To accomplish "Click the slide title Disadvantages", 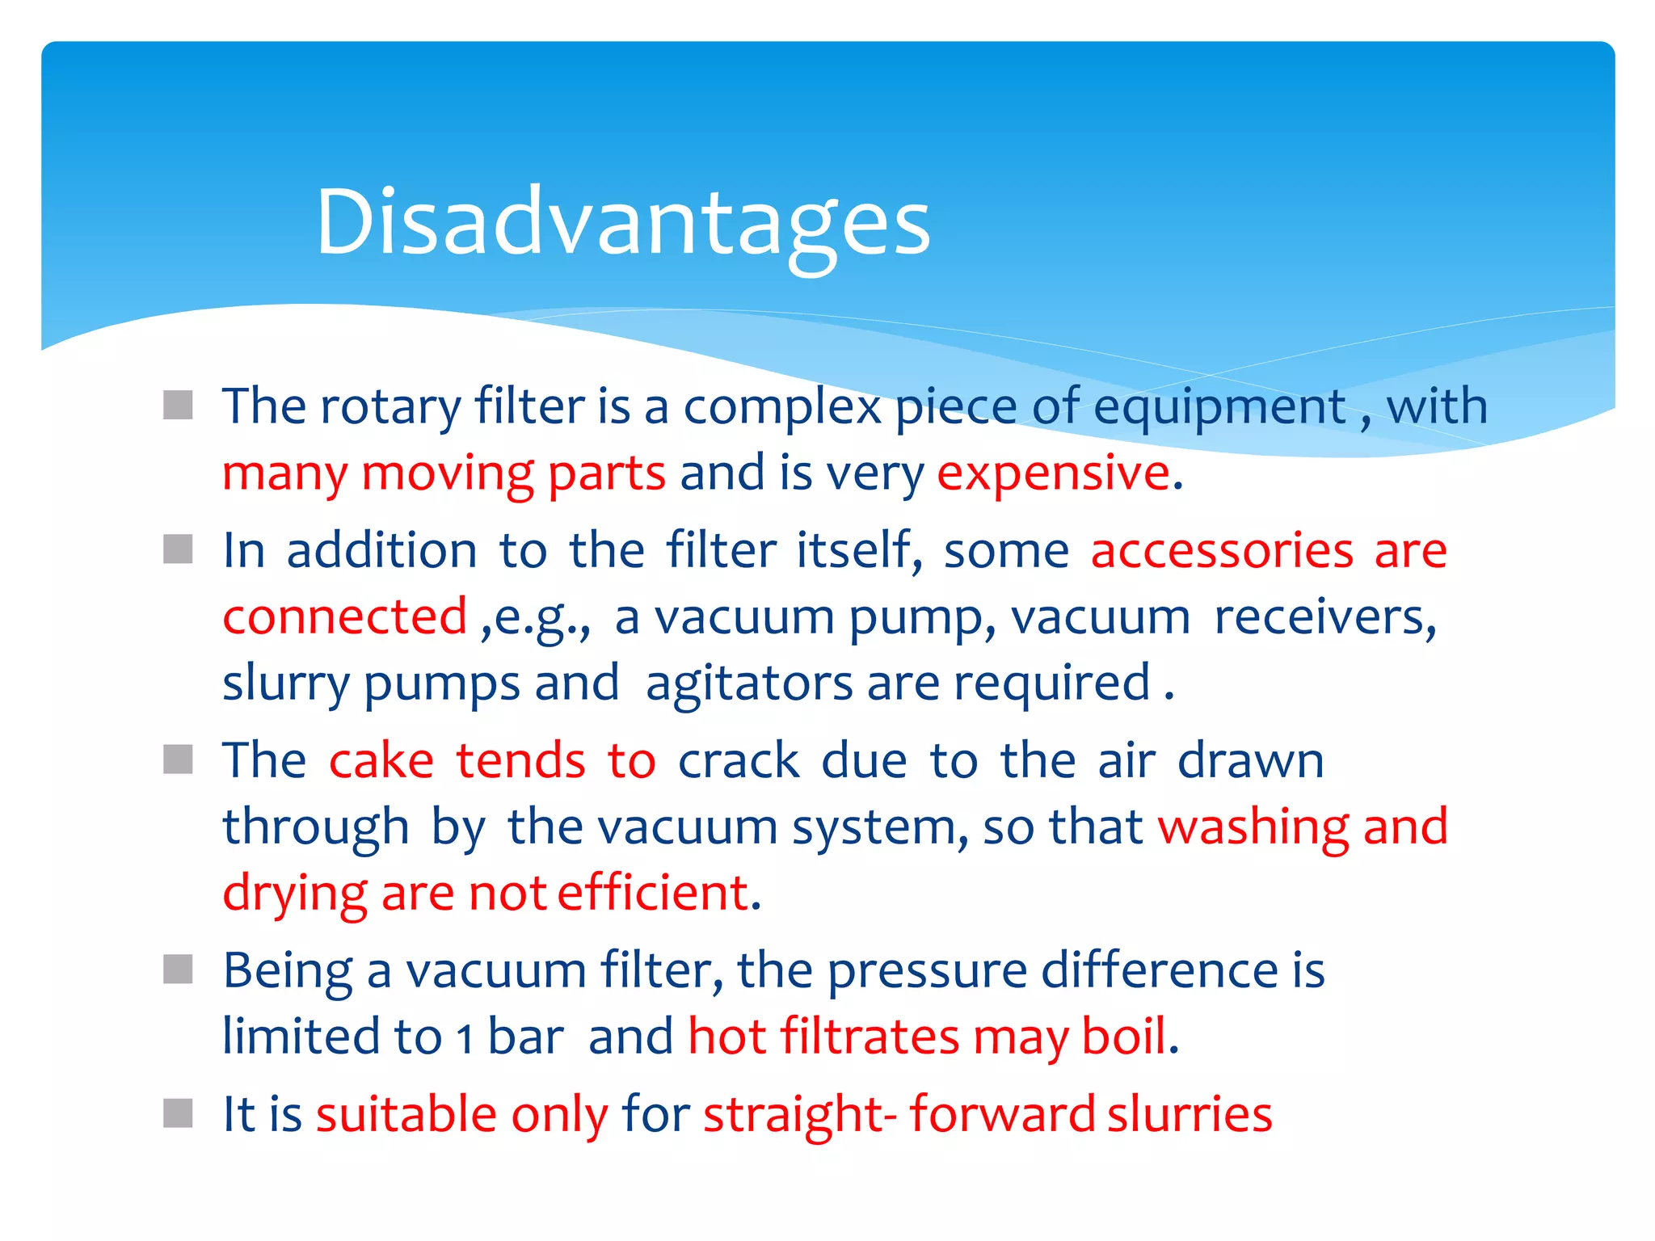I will tap(622, 222).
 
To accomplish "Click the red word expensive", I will tap(1052, 473).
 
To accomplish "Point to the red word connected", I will tap(344, 616).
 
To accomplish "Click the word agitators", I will tap(748, 683).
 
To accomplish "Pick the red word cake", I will tap(381, 760).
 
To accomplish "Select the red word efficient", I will tap(653, 894).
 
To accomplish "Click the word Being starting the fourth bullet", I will tap(288, 970).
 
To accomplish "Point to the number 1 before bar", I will tap(464, 1038).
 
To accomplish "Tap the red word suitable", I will tap(406, 1114).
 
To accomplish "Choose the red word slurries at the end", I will tap(1189, 1114).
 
